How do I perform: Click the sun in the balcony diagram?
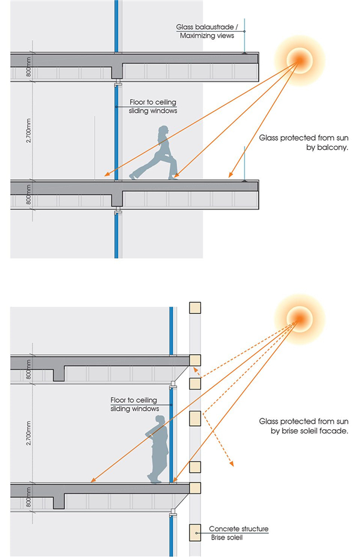299,58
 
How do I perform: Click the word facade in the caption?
337,431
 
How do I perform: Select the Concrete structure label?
238,529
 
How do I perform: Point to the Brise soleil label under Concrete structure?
226,538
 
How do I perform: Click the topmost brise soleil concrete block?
194,308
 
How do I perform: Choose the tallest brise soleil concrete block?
194,418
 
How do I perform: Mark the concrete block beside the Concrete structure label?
194,531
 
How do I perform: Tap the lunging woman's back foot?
133,176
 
